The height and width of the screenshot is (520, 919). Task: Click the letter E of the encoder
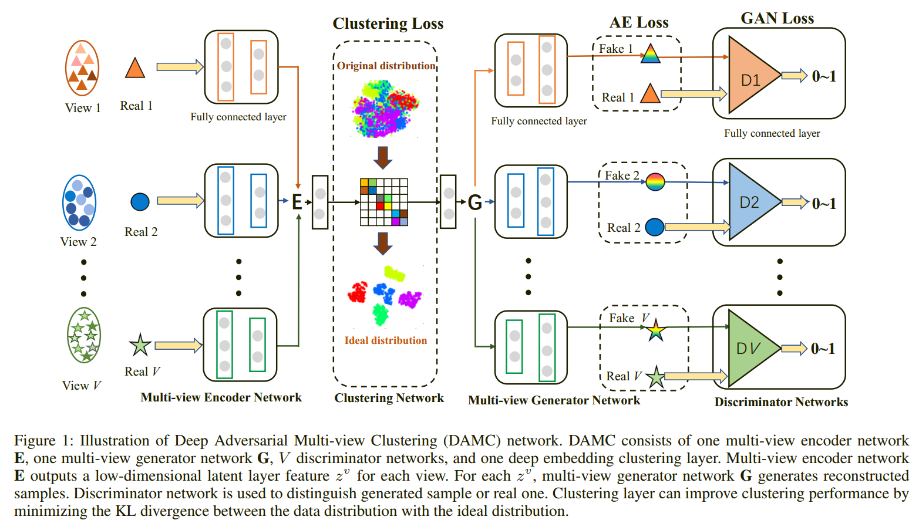pyautogui.click(x=297, y=202)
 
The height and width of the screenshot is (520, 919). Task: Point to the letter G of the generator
pyautogui.click(x=474, y=202)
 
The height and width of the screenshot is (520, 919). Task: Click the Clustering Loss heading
pyautogui.click(x=388, y=23)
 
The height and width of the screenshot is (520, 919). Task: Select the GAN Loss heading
pyautogui.click(x=777, y=18)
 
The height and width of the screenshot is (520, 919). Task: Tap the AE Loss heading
pyautogui.click(x=639, y=22)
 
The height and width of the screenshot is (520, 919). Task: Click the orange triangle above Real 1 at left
pyautogui.click(x=135, y=69)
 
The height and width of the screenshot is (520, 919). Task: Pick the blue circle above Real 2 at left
pyautogui.click(x=140, y=202)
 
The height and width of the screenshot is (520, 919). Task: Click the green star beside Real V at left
pyautogui.click(x=140, y=345)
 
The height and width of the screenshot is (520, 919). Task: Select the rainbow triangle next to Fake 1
pyautogui.click(x=650, y=54)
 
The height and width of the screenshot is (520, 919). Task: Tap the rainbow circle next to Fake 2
pyautogui.click(x=655, y=182)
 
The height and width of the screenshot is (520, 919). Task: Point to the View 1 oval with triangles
pyautogui.click(x=82, y=68)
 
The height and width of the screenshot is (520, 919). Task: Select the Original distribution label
pyautogui.click(x=386, y=66)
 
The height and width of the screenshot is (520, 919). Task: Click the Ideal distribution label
pyautogui.click(x=386, y=340)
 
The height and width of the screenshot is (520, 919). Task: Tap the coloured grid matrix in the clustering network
pyautogui.click(x=383, y=202)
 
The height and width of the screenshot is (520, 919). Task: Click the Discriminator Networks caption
pyautogui.click(x=781, y=402)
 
